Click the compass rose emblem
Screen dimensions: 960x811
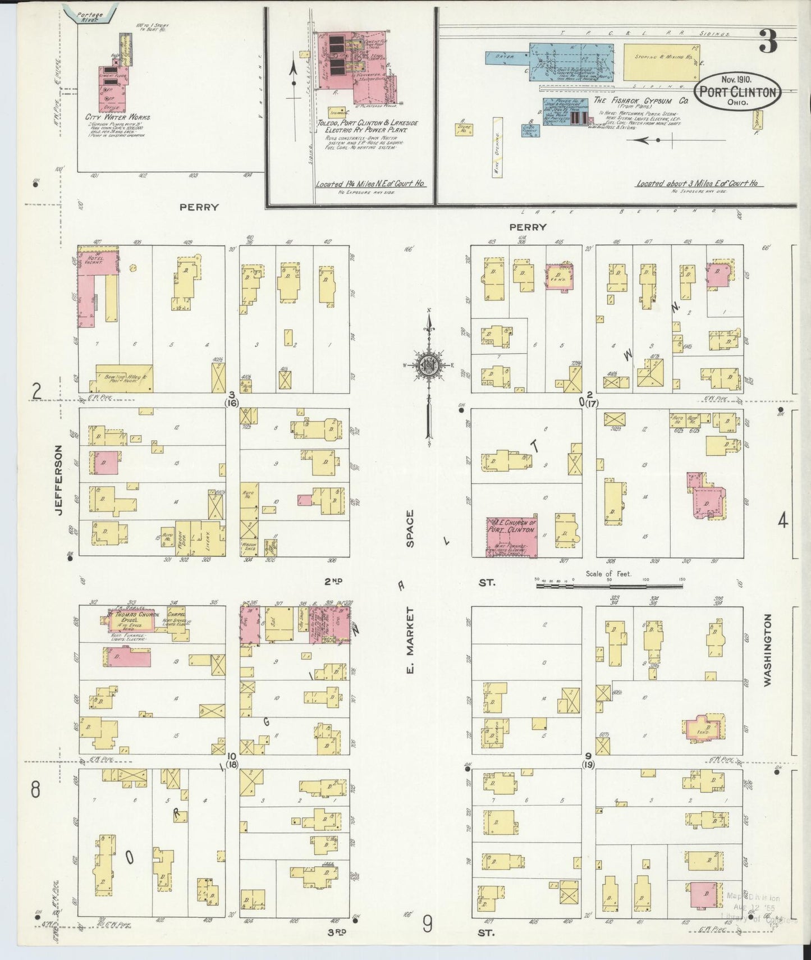point(428,365)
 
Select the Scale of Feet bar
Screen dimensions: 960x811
point(610,586)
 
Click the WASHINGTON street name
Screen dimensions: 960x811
point(767,650)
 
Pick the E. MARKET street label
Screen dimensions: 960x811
point(410,640)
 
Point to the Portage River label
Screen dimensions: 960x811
point(89,17)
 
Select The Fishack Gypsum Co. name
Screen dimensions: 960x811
point(641,100)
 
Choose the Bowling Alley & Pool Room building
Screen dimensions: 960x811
point(124,378)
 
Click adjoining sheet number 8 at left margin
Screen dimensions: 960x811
point(35,790)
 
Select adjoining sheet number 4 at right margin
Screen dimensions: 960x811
point(782,521)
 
